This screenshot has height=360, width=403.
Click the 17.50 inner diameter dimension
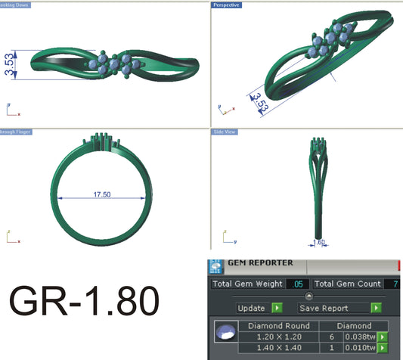tap(102, 194)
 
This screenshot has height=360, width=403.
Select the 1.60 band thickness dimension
tap(318, 244)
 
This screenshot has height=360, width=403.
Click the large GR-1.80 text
tap(84, 302)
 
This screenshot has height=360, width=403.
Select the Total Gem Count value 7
tap(394, 284)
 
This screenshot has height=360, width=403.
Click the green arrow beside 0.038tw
tap(382, 337)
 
